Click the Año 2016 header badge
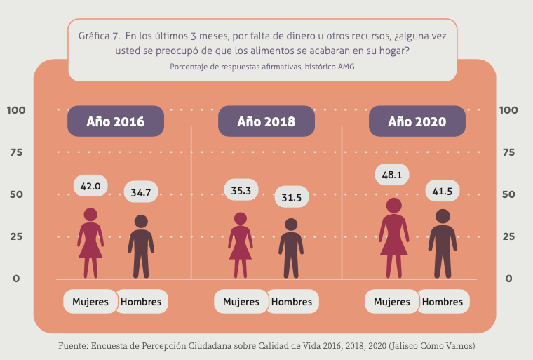click(x=116, y=121)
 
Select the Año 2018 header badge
click(x=266, y=121)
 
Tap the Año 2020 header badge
click(x=417, y=121)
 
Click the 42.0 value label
click(x=90, y=186)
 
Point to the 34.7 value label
click(x=142, y=192)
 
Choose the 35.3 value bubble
click(x=241, y=189)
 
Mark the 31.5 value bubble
click(x=291, y=198)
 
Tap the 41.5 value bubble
click(x=442, y=190)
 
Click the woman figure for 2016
click(x=90, y=242)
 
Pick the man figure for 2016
click(x=141, y=246)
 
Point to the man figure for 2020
click(x=442, y=243)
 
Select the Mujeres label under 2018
click(x=241, y=302)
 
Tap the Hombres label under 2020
click(x=443, y=302)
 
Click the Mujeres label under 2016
click(x=90, y=302)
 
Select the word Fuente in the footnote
click(x=73, y=347)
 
